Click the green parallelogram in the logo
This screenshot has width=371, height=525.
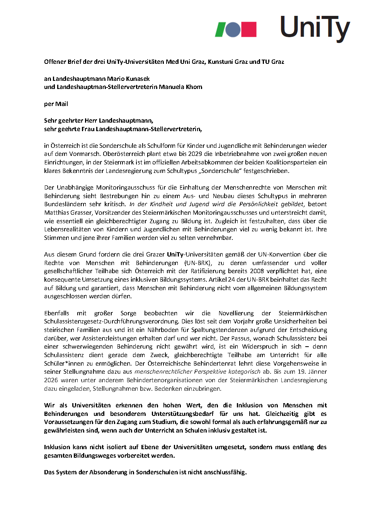(221, 29)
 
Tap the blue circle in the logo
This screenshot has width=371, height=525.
(233, 29)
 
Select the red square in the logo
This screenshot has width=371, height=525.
(249, 29)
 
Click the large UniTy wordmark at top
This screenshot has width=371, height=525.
(315, 28)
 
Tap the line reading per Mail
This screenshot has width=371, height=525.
(56, 104)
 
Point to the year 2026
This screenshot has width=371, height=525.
(51, 380)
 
